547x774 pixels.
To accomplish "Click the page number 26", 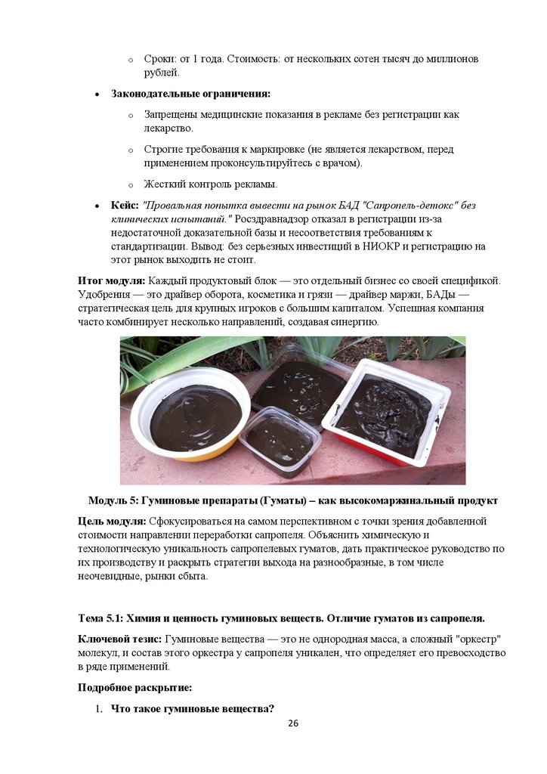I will point(293,723).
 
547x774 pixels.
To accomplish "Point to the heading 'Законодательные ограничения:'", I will point(190,94).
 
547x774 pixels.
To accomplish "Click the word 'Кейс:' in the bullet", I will point(125,205).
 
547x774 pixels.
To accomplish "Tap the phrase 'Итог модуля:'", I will point(112,280).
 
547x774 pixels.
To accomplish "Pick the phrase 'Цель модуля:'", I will point(113,522).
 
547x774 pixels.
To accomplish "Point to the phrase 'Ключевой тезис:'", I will point(119,639).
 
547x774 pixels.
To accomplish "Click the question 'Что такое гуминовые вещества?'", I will point(192,708).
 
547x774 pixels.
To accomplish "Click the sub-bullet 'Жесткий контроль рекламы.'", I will point(211,184).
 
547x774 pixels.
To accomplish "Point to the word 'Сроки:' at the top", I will point(160,59).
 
